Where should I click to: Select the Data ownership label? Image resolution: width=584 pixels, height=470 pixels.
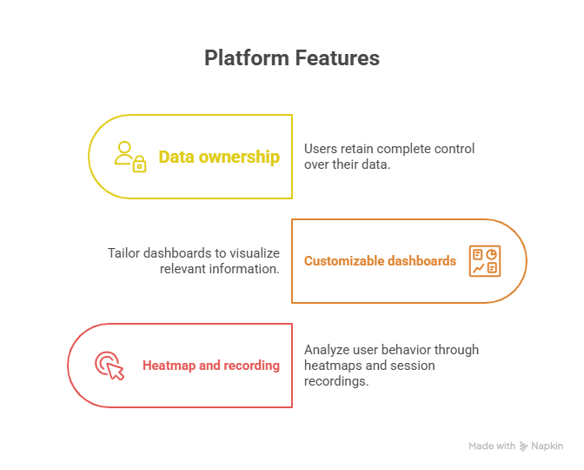[219, 157]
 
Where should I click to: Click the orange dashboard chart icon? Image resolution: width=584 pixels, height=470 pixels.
[485, 261]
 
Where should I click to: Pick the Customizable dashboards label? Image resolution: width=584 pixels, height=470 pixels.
[380, 261]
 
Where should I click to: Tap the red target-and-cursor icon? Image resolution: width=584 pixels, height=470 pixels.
[109, 366]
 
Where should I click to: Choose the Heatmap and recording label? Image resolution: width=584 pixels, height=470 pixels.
[211, 366]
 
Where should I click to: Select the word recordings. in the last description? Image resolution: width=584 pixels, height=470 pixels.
[336, 381]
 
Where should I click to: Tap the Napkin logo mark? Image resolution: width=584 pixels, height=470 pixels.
[524, 446]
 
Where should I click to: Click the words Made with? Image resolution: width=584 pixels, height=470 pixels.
[492, 446]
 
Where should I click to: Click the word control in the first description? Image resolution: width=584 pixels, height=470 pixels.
[455, 149]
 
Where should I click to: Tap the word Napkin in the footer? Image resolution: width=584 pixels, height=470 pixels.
[547, 446]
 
